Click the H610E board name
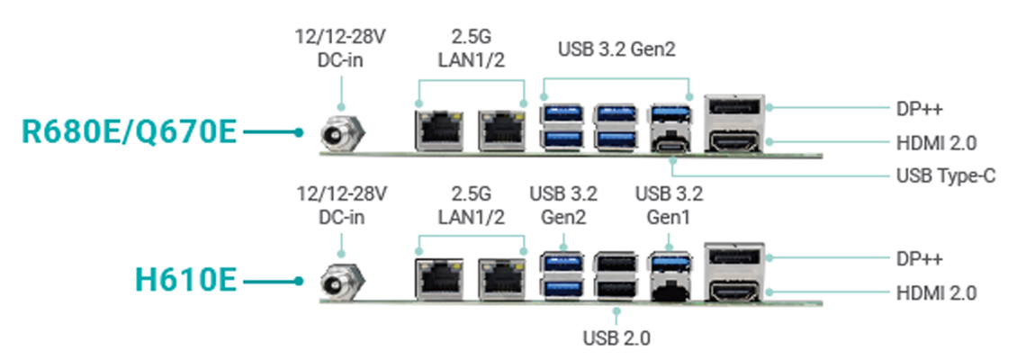click(x=185, y=280)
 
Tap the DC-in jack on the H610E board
click(x=340, y=283)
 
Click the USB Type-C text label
click(x=946, y=175)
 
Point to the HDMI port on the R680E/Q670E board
click(x=734, y=141)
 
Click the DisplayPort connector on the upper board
click(x=734, y=109)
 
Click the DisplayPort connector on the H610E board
click(x=734, y=257)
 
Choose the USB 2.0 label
click(x=616, y=338)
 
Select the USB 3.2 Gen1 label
click(x=669, y=205)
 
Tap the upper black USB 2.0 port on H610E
click(x=616, y=263)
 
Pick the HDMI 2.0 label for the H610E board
click(x=937, y=292)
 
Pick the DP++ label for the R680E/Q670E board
click(x=920, y=108)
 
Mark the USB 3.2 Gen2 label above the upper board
click(x=616, y=49)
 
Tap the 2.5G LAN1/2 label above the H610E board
click(x=472, y=205)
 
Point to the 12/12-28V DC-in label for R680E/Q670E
click(x=340, y=48)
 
